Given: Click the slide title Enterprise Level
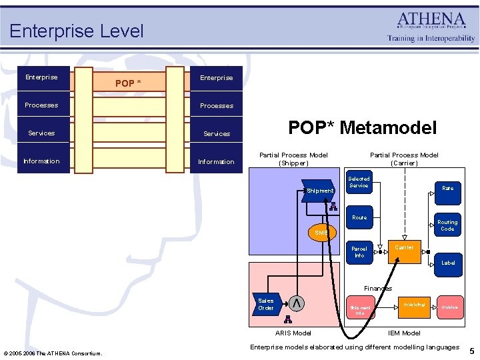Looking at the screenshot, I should pos(76,31).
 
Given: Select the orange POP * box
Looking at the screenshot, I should pos(129,83).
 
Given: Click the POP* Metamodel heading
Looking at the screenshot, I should pos(362,128).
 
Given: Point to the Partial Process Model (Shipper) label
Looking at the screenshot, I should pos(293,159).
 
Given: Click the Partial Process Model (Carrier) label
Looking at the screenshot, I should pos(404,159).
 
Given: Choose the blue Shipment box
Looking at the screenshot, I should pos(319,191).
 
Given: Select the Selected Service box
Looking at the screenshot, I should pos(359,183).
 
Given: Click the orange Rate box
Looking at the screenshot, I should pos(447,189).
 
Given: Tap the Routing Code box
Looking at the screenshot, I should pos(447,225).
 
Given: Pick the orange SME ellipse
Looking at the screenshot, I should pos(322,233).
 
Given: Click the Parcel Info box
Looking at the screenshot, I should pos(359,252).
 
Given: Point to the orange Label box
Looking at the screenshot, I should pos(448,263).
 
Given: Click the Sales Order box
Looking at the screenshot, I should pos(266,304).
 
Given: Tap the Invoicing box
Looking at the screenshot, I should pos(413,305).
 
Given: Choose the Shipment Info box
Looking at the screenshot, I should pos(359,309).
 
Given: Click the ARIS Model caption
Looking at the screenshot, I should pos(293,333).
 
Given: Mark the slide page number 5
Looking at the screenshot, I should pos(471,351).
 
